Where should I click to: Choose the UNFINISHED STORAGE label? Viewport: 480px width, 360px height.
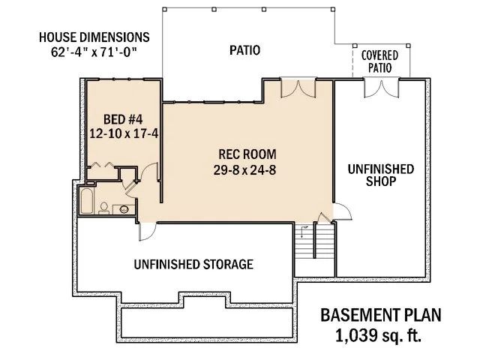click(193, 264)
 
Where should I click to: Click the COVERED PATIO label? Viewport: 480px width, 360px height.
click(379, 62)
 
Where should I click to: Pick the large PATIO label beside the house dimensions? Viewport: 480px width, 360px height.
click(244, 51)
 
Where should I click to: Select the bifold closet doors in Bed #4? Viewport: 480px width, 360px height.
click(103, 166)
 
